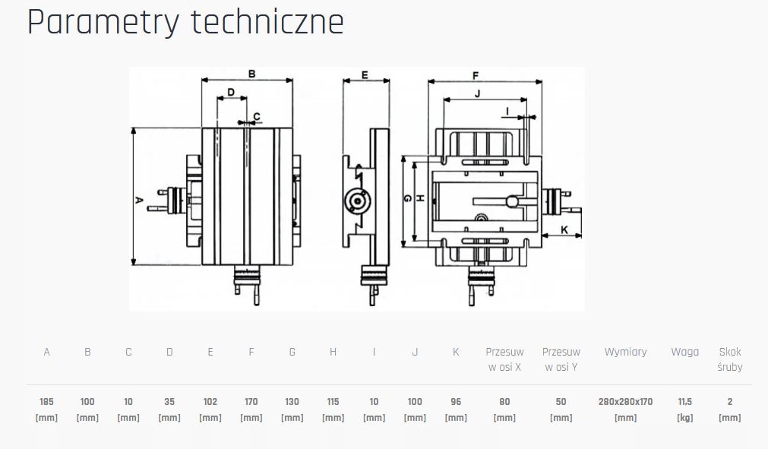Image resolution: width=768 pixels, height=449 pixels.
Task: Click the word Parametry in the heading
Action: (x=103, y=23)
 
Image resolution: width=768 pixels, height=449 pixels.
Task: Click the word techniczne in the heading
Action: (x=267, y=23)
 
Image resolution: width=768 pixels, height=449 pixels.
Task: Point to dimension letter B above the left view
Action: (x=251, y=74)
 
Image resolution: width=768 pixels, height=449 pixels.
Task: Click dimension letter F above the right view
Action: (x=475, y=75)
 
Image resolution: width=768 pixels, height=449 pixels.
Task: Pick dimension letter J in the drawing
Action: (x=477, y=93)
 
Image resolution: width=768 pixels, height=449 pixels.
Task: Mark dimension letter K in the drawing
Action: (x=564, y=229)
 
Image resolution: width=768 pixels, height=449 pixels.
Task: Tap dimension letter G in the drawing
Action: (x=408, y=199)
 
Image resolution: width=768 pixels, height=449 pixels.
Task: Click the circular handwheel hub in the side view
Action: (x=356, y=200)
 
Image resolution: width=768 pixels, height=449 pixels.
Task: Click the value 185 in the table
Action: (x=47, y=401)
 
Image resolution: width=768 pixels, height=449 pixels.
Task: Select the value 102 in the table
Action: (x=210, y=401)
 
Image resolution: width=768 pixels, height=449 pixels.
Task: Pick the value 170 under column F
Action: (x=251, y=401)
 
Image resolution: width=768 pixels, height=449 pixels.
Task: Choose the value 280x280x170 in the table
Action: (x=625, y=401)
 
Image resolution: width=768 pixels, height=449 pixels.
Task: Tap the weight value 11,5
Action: (x=684, y=401)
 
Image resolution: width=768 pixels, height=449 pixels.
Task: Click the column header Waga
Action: (x=684, y=352)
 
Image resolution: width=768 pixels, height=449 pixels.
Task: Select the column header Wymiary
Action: (x=625, y=352)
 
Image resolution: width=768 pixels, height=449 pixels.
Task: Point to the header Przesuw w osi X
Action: (x=504, y=359)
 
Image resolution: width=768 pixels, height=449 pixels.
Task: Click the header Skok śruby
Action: (x=730, y=359)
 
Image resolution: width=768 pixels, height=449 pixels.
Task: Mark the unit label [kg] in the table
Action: (x=684, y=418)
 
